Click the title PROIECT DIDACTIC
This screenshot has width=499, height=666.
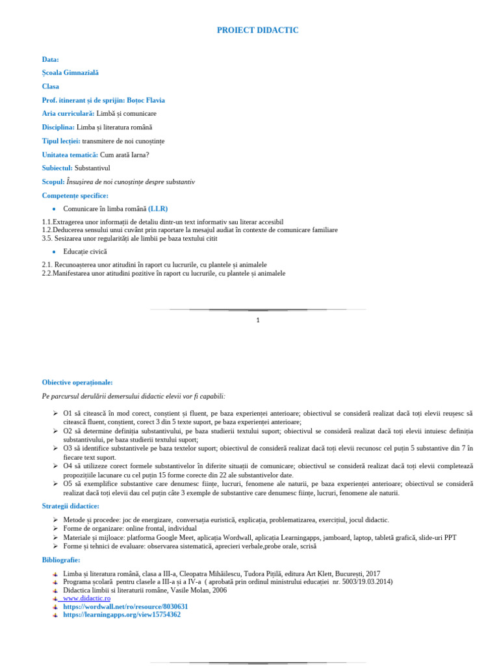coord(257,31)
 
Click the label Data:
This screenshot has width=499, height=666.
coord(51,59)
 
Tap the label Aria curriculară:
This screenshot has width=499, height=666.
coord(68,113)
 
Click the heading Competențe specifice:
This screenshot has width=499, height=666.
coord(75,195)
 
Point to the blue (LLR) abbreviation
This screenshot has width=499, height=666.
coord(158,209)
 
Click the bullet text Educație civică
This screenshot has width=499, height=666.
coord(85,251)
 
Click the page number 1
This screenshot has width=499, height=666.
coord(258,320)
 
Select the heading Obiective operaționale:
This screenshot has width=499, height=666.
coord(77,382)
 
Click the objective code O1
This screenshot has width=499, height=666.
coord(68,413)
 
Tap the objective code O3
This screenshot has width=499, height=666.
coord(68,448)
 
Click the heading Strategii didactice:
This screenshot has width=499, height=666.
coord(71,505)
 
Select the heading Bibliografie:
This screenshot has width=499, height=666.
coord(61,559)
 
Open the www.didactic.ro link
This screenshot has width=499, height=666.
coord(87,598)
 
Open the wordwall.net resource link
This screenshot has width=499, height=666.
coord(125,606)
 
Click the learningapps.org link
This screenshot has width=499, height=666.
coord(122,615)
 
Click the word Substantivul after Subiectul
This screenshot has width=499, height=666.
coord(96,168)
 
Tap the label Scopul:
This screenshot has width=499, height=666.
coord(53,181)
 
